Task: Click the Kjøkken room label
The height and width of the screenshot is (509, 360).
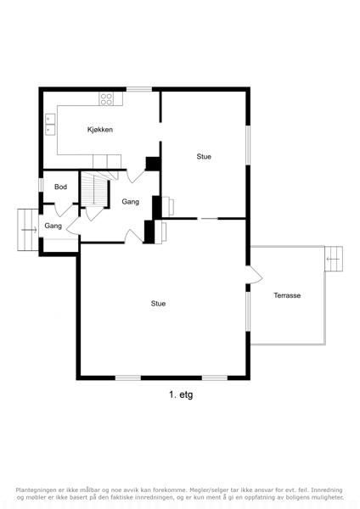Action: pyautogui.click(x=100, y=130)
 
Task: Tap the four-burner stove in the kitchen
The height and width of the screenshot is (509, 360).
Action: pyautogui.click(x=106, y=98)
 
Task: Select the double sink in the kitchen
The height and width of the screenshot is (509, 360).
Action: pyautogui.click(x=50, y=124)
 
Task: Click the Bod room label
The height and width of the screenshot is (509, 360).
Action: pyautogui.click(x=61, y=187)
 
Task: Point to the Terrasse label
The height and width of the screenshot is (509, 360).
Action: pyautogui.click(x=287, y=295)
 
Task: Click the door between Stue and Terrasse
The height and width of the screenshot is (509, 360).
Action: pyautogui.click(x=255, y=275)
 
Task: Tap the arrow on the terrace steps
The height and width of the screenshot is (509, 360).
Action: pyautogui.click(x=333, y=259)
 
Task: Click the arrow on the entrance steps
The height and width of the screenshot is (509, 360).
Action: pyautogui.click(x=29, y=230)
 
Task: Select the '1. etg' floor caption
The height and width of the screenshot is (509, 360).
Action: pyautogui.click(x=181, y=394)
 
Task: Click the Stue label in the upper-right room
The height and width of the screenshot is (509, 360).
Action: pyautogui.click(x=204, y=156)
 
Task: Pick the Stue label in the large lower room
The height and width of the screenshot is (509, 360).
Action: pyautogui.click(x=158, y=304)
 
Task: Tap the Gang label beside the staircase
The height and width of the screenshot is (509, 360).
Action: pyautogui.click(x=130, y=202)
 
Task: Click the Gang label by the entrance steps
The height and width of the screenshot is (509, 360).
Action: pyautogui.click(x=53, y=226)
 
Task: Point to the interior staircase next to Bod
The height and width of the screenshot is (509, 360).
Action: pyautogui.click(x=94, y=189)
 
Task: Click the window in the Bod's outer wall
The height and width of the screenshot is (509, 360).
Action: pyautogui.click(x=41, y=185)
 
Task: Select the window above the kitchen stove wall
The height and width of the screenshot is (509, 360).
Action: pyautogui.click(x=139, y=89)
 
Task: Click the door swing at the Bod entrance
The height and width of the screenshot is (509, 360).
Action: pyautogui.click(x=64, y=210)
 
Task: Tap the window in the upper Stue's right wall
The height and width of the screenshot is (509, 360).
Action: pyautogui.click(x=248, y=145)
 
